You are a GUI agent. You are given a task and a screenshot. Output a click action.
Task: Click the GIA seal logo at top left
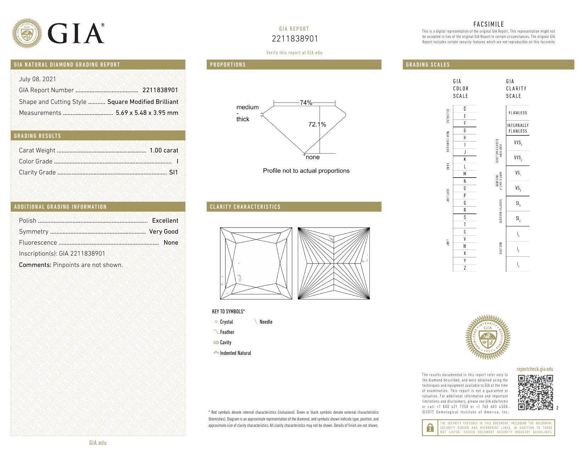point(27,34)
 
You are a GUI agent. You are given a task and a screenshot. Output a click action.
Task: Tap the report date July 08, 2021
point(37,79)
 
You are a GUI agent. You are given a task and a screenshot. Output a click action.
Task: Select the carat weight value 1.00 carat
point(164,150)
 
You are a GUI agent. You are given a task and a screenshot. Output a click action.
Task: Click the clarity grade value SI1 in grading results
point(174,172)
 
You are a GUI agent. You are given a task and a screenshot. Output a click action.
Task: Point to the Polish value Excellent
point(165,221)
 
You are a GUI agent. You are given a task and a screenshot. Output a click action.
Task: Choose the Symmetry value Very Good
point(163,231)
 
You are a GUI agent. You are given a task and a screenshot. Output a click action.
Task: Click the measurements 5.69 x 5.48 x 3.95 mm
point(147,113)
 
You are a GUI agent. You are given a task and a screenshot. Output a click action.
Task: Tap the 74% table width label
point(306,103)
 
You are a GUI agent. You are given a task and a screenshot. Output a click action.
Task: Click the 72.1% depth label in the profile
point(317,124)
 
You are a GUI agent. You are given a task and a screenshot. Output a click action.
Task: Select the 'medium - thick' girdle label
point(247,113)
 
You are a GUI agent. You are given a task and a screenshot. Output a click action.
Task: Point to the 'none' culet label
point(312,157)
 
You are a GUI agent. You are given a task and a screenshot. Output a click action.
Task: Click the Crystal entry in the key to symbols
point(226,322)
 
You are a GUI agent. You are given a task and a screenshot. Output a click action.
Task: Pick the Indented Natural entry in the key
point(235,353)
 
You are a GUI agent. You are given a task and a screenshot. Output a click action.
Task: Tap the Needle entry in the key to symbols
point(266,322)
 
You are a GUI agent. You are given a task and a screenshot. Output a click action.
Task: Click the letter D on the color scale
point(464,109)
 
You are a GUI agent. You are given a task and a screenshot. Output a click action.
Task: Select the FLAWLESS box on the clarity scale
point(518,113)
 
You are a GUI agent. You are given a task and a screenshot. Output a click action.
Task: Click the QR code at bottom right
point(535,392)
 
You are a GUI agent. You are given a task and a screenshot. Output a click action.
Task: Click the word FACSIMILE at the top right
point(488,24)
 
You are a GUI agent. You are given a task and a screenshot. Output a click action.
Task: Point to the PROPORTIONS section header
point(228,65)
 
